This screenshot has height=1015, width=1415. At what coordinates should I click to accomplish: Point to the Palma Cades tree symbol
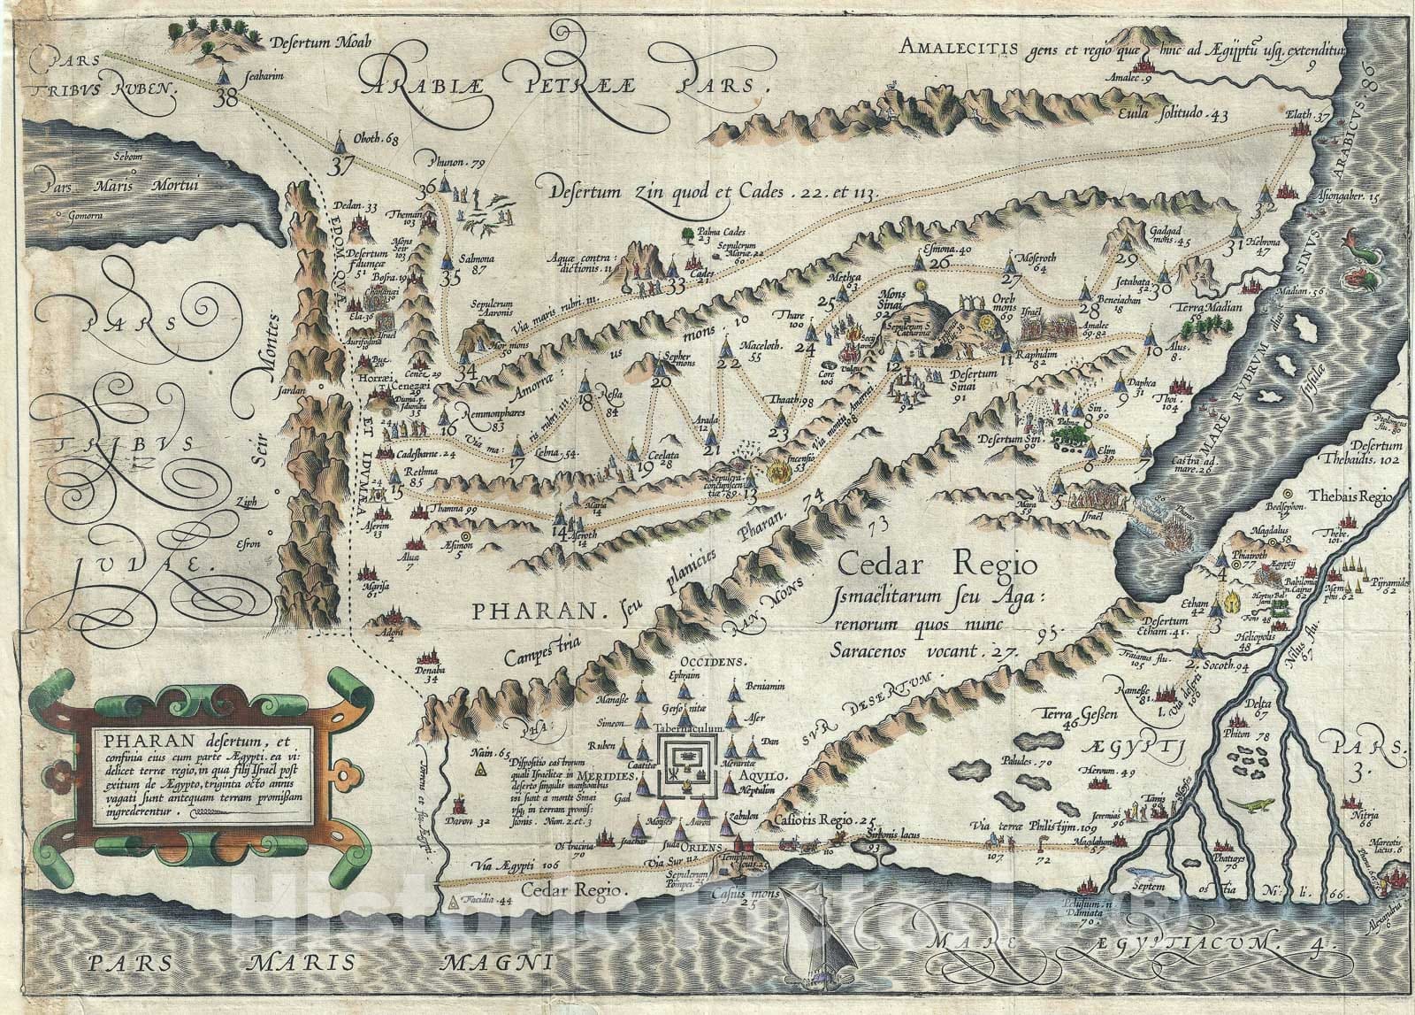coord(687,234)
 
